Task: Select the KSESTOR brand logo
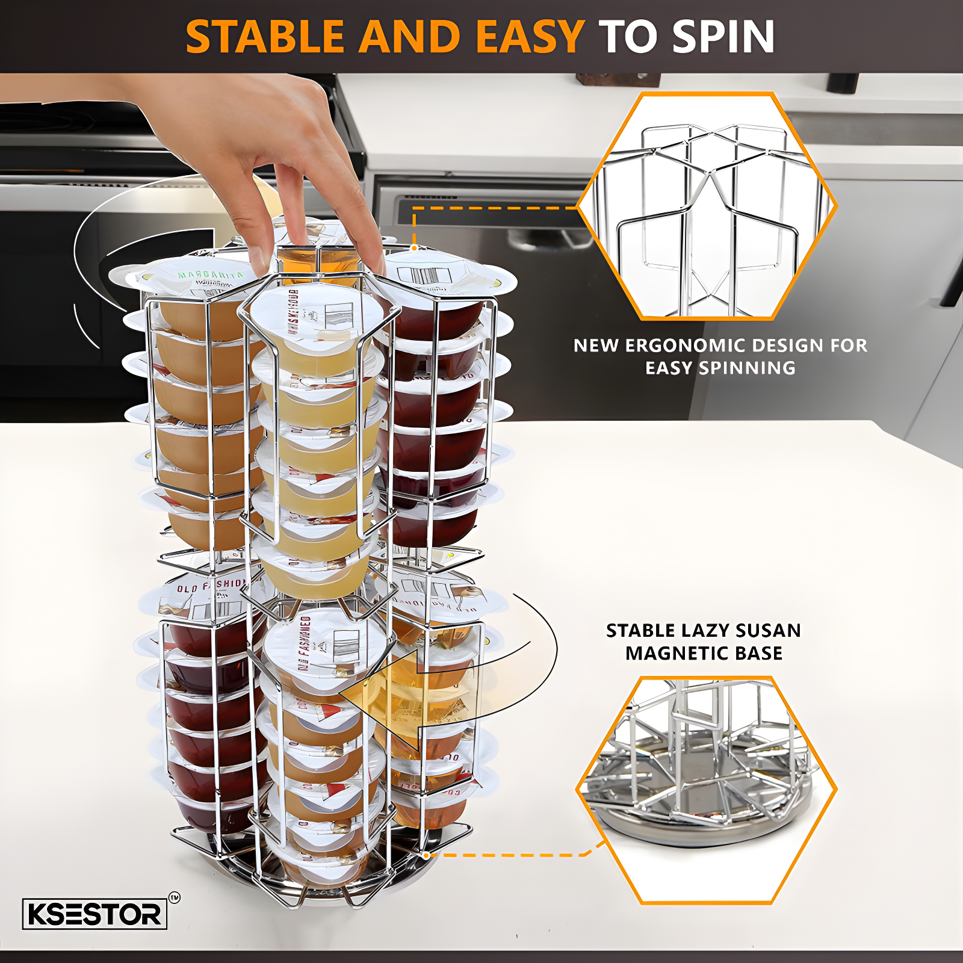coord(94,914)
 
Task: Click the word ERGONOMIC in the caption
coord(684,345)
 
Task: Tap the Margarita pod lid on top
coord(199,277)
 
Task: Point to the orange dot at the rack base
coord(426,855)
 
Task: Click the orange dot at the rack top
coord(414,247)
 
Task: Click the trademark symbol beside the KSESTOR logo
coord(174,898)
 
